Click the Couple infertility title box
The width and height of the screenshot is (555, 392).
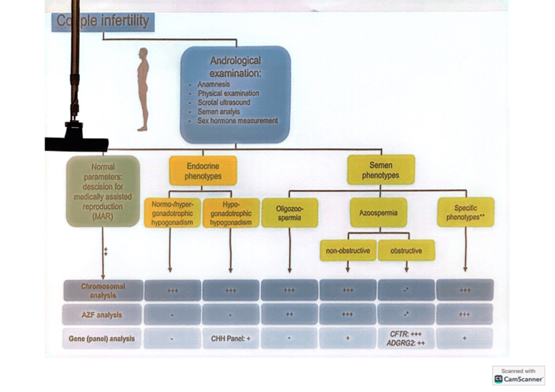coord(103,22)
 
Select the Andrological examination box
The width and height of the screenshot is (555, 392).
coord(234,94)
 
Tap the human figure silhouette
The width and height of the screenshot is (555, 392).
coord(143,89)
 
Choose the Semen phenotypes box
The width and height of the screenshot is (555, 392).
coord(380,170)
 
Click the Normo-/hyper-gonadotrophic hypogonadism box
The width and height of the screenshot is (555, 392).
coord(172,213)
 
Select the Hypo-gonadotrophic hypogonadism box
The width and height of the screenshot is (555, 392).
coord(230,213)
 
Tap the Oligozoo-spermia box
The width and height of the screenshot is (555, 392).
coord(289,213)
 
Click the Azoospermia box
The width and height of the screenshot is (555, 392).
coord(378,213)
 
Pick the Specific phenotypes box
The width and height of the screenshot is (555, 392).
coord(465,213)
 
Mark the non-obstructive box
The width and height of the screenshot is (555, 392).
coord(348,251)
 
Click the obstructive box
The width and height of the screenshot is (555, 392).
coord(406,251)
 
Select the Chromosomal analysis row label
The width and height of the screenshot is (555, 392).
coord(103,290)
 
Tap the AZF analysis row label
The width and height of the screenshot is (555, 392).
coord(103,315)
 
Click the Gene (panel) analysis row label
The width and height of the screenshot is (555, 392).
coord(103,338)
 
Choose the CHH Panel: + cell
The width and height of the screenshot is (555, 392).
coord(230,338)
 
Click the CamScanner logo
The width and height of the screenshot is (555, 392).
coord(518,376)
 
